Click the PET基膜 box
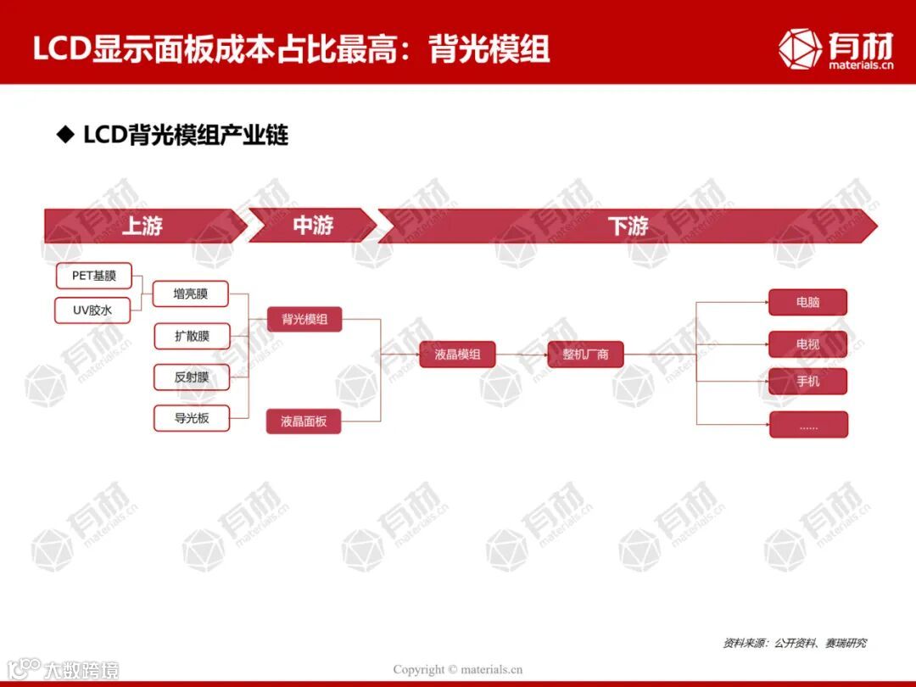[x=94, y=276]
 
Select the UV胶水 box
[x=92, y=310]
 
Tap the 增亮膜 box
[x=191, y=294]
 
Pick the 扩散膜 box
[x=192, y=336]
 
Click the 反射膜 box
[x=192, y=377]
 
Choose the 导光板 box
[x=192, y=418]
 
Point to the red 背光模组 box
[x=304, y=320]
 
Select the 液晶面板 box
[x=304, y=421]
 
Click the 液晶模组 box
[x=457, y=355]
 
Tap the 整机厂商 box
[x=585, y=355]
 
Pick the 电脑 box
[x=808, y=303]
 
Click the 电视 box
[x=808, y=344]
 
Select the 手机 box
[x=808, y=382]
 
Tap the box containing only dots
[x=808, y=425]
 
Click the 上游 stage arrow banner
[x=142, y=226]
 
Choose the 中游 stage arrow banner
[x=313, y=226]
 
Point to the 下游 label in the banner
[x=628, y=226]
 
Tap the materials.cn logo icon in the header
[x=800, y=48]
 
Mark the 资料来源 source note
[x=794, y=644]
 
